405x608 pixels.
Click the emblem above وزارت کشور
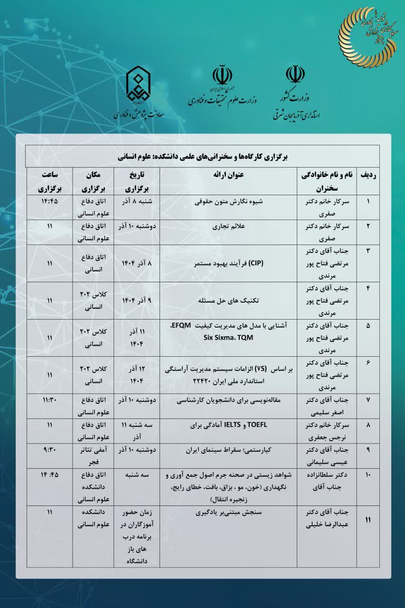click(295, 76)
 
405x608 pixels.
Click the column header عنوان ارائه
click(228, 174)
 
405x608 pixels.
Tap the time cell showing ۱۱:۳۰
click(49, 400)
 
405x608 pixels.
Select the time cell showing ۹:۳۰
click(49, 449)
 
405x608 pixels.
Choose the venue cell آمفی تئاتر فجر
click(93, 455)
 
